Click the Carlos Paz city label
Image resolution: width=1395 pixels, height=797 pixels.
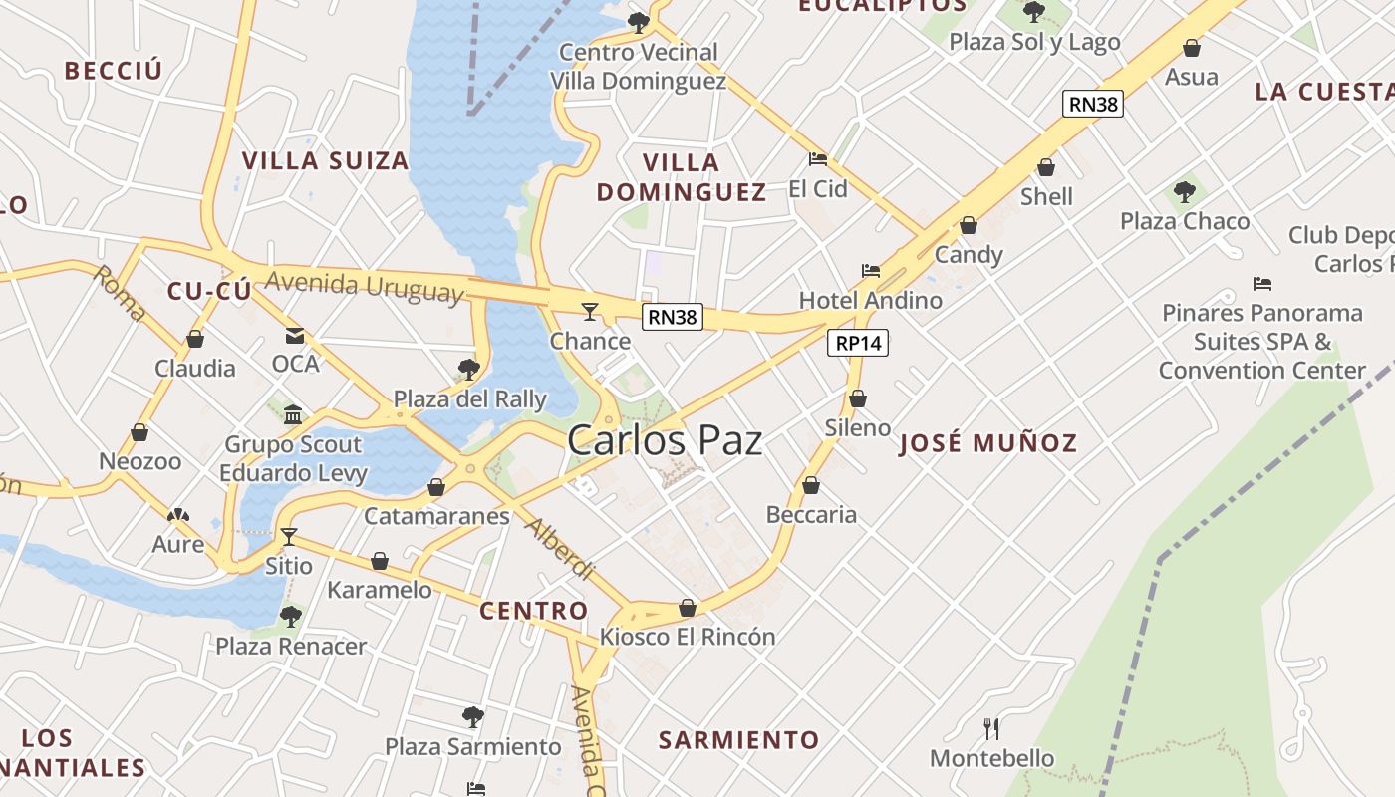point(665,440)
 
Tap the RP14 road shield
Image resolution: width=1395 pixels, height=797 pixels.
point(858,343)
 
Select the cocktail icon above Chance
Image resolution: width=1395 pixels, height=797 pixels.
point(590,312)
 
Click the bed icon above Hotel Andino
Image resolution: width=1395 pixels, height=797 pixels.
point(871,271)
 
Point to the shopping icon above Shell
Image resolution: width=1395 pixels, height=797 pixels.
point(1046,167)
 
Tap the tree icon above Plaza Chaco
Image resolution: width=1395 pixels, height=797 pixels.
point(1184,192)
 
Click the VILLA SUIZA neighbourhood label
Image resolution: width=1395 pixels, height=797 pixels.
point(325,160)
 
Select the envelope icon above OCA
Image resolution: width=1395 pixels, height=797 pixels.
point(295,336)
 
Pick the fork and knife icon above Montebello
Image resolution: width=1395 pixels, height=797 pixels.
point(991,729)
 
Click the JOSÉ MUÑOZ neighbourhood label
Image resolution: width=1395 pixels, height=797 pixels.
point(988,443)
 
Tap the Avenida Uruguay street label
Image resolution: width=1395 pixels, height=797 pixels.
point(366,286)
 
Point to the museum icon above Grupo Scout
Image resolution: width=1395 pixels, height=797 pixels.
point(293,414)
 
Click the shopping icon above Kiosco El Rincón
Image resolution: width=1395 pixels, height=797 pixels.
point(688,608)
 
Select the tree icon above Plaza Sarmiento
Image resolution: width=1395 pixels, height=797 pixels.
point(473,717)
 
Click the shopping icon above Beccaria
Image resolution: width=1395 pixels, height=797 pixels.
point(811,486)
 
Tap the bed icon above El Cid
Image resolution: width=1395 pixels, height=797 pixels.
point(818,159)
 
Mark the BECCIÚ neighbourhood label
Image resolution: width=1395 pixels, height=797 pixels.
point(113,71)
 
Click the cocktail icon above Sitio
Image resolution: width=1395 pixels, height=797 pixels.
point(289,537)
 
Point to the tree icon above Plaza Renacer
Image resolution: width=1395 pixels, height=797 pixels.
point(290,617)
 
